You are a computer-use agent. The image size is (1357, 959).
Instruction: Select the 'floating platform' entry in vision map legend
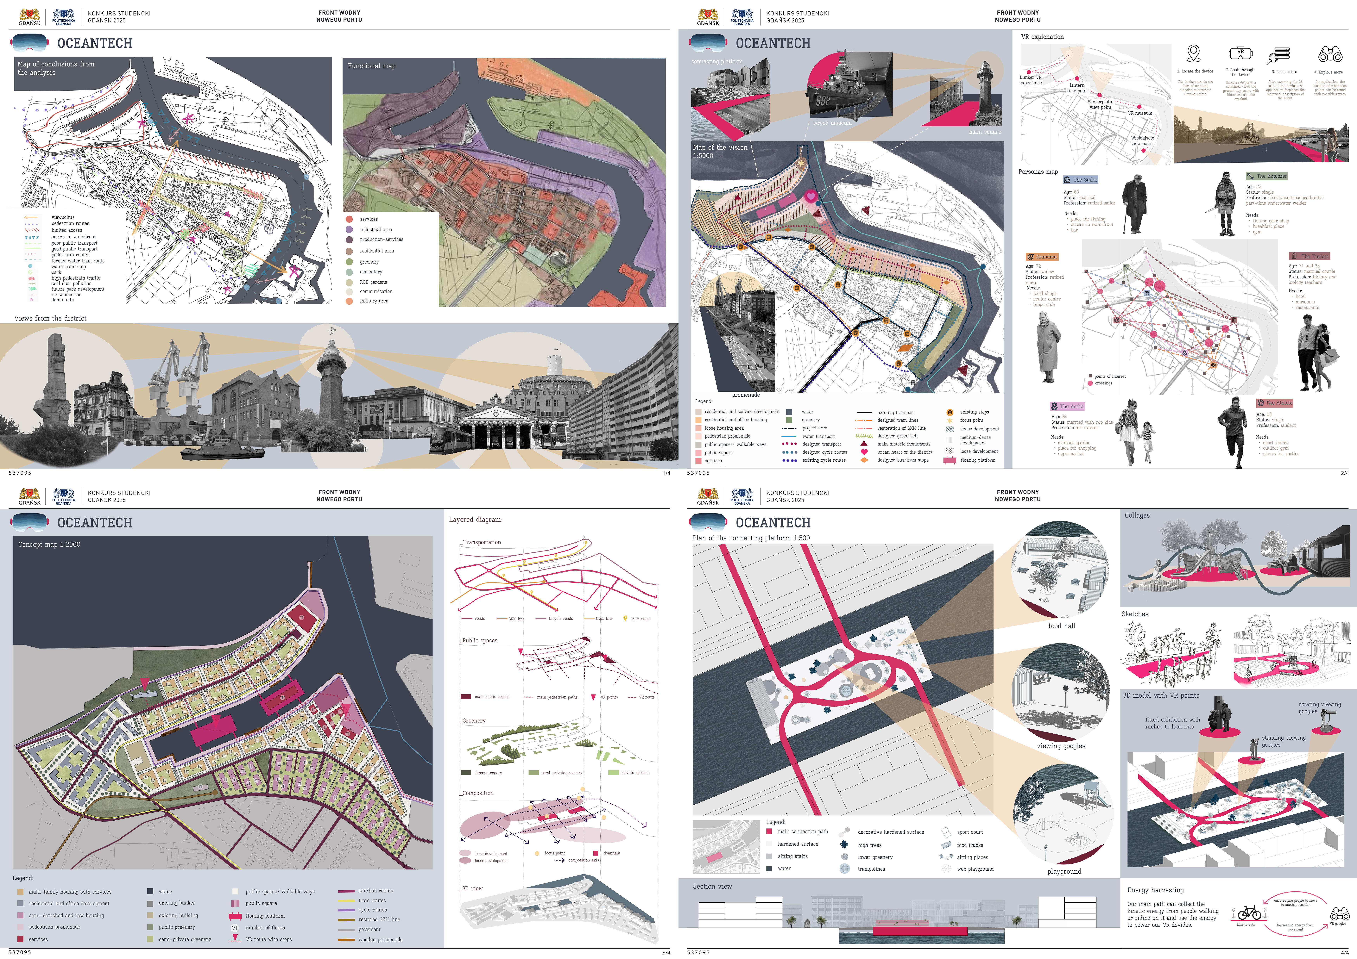978,460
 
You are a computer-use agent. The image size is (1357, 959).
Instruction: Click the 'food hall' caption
1062,626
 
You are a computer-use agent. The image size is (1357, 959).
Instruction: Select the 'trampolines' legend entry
871,869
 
